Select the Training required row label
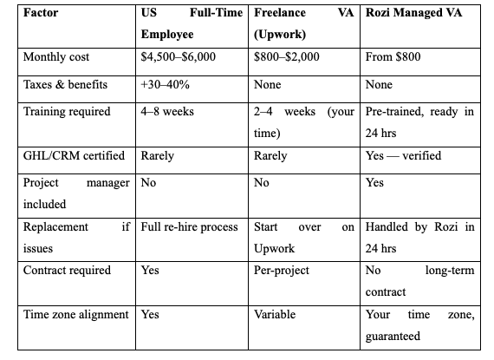point(67,113)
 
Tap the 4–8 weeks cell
point(168,113)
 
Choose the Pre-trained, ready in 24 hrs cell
point(419,122)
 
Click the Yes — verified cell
point(403,156)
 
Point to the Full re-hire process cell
point(189,227)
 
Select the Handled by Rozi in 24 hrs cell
point(419,237)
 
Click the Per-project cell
point(282,270)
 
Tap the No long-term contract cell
point(419,280)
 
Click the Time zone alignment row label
point(76,314)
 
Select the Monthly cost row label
point(55,56)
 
